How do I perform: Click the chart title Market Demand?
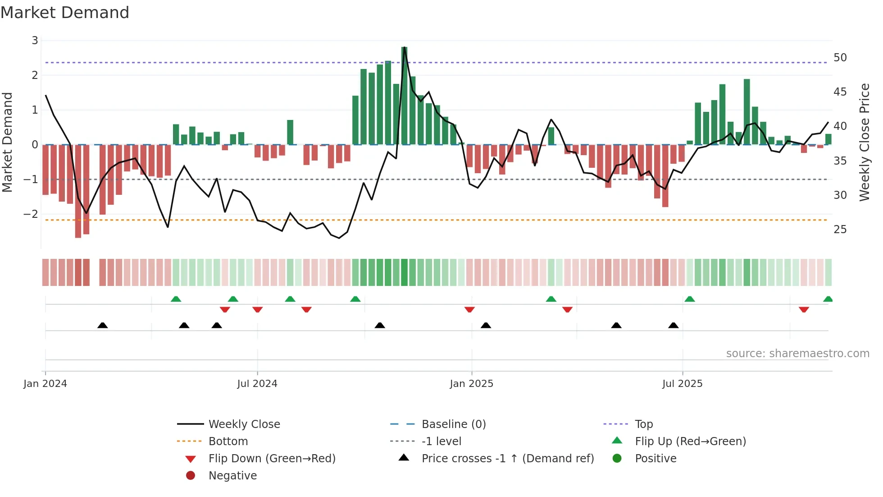pos(65,13)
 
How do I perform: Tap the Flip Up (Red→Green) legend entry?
pos(690,442)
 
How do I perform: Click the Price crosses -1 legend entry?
pos(507,459)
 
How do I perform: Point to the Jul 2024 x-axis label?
pos(257,384)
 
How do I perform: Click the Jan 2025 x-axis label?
pos(471,384)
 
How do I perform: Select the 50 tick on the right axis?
pos(840,58)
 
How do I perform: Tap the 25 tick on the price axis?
pos(840,230)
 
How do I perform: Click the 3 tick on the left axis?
pos(35,41)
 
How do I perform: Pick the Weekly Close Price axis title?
pos(864,142)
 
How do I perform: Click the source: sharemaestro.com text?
pos(797,354)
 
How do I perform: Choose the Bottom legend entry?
pos(228,442)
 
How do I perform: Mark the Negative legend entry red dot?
pos(191,476)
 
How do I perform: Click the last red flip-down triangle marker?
pos(804,309)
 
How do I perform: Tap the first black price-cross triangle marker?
pos(103,325)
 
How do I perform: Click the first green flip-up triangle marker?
pos(176,299)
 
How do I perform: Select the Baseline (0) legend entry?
pos(453,424)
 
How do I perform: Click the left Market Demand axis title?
pos(8,142)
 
